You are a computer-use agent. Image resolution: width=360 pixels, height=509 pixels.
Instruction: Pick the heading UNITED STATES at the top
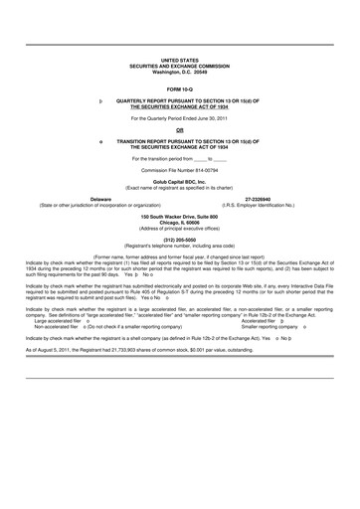tap(179, 60)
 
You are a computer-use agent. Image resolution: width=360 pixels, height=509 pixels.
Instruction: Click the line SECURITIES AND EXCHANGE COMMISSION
tap(179, 66)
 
